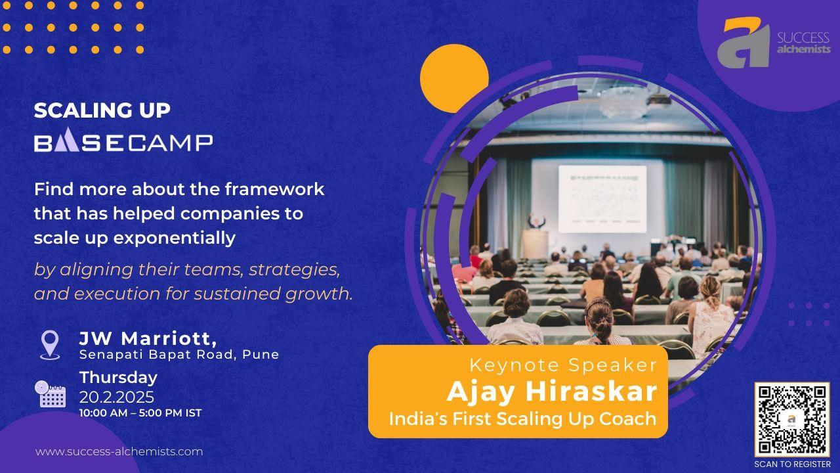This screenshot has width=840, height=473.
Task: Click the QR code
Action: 792,420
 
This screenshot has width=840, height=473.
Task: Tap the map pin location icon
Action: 50,345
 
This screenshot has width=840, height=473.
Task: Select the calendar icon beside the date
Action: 51,394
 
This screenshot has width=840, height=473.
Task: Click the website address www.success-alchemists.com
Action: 119,451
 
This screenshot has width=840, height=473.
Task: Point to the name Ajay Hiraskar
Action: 552,391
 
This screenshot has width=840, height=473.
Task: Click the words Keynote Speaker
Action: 563,365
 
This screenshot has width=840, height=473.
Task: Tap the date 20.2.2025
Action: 117,397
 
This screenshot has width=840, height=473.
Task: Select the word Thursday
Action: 119,378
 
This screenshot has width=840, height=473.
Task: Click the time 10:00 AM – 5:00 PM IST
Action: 140,413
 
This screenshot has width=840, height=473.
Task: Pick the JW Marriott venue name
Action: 148,338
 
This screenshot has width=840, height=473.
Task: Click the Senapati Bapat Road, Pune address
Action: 179,354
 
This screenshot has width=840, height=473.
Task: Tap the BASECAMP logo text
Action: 123,140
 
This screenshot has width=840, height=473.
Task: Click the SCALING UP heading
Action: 102,110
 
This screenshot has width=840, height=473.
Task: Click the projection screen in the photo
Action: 602,199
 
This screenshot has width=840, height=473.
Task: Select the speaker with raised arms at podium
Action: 536,221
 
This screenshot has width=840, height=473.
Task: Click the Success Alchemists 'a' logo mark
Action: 744,42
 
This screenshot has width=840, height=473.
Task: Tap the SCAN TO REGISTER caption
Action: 792,464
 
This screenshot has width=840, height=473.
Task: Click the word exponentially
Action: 175,238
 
